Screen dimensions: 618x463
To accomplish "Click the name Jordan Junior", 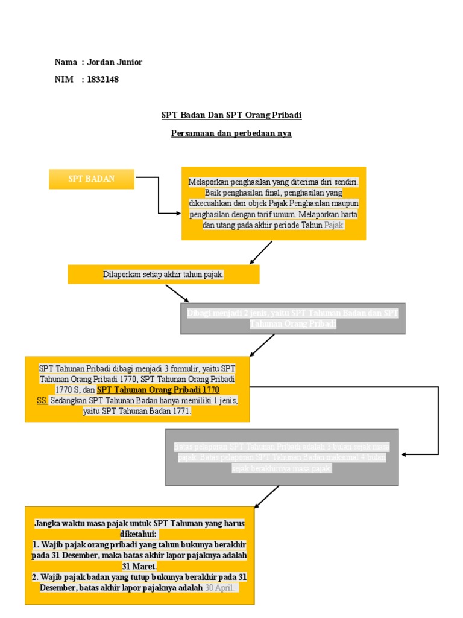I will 115,62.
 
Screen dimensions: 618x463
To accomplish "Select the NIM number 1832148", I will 103,79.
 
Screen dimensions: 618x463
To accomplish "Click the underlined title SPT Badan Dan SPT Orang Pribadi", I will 231,115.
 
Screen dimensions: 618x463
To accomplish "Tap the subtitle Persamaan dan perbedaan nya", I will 231,133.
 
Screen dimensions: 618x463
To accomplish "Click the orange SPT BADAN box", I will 92,179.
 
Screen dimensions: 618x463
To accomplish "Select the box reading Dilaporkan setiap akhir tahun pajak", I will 163,275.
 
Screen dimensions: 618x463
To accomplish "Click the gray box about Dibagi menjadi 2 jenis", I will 293,318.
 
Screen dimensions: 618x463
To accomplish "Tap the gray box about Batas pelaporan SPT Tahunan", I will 282,457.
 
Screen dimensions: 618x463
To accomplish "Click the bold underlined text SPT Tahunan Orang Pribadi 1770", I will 158,390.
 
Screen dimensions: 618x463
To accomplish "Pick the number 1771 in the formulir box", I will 180,411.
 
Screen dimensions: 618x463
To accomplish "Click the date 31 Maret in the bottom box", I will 139,566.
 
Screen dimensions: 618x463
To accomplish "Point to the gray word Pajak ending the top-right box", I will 333,225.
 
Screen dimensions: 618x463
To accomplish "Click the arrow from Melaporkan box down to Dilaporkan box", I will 261,252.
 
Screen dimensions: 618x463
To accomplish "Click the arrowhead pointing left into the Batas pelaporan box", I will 405,454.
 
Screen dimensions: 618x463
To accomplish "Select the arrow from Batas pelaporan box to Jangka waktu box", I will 266,496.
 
